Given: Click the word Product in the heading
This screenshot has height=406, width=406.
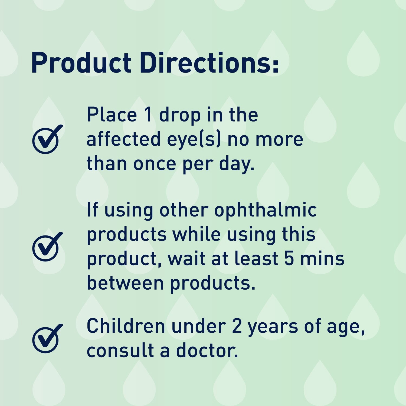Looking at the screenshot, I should (81, 63).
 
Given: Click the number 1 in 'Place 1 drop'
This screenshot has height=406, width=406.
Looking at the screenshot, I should (148, 115).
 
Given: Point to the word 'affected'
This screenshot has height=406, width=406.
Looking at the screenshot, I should (123, 139).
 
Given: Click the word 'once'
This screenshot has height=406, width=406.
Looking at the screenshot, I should (155, 164).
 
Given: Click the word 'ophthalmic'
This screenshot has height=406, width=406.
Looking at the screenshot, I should (265, 211).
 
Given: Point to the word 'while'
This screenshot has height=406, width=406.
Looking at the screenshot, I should (197, 234).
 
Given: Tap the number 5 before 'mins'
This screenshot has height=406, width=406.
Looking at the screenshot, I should (289, 258).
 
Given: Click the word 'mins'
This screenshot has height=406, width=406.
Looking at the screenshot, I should (322, 258).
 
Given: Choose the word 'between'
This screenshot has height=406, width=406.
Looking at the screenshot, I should (125, 283).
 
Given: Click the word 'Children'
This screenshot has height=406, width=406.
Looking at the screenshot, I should (126, 326).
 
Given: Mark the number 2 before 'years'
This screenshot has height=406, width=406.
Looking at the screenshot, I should (237, 326).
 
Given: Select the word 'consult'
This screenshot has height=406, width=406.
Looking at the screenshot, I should (120, 351).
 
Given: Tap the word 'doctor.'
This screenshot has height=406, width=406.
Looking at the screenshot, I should (207, 351).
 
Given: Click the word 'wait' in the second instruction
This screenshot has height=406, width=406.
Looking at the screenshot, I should (186, 258).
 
